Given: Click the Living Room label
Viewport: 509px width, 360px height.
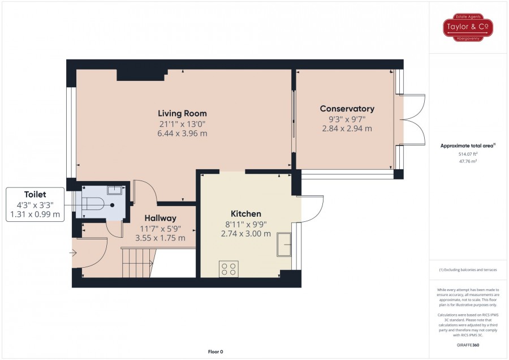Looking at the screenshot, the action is click(x=182, y=113).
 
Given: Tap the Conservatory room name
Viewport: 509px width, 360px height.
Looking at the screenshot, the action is click(x=347, y=109).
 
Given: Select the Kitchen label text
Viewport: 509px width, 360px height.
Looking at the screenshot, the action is click(x=246, y=214).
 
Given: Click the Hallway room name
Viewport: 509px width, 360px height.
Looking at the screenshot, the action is click(x=161, y=218).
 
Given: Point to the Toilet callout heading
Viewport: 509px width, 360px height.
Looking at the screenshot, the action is click(x=35, y=195).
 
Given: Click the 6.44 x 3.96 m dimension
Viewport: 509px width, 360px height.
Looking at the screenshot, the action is click(x=182, y=134).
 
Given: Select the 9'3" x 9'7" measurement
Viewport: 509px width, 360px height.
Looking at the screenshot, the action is click(x=347, y=119).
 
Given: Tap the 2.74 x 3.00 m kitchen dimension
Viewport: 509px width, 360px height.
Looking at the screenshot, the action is click(x=246, y=234).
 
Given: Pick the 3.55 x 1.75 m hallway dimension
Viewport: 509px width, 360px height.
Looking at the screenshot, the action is click(x=161, y=238).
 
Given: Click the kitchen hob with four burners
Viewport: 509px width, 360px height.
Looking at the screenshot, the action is click(x=228, y=269).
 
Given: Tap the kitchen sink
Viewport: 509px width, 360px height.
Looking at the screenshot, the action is click(x=284, y=245).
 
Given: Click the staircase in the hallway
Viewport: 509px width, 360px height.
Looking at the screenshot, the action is click(x=137, y=263).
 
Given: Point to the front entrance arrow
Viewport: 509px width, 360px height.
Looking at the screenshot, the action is click(x=73, y=252).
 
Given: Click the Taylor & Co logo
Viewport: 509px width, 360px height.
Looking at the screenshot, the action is click(x=468, y=27).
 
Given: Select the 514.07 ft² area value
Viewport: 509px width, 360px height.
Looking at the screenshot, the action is click(x=468, y=154).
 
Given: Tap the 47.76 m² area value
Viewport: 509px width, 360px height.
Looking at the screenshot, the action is click(x=468, y=161).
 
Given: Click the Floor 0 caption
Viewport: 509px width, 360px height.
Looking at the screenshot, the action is click(x=215, y=352).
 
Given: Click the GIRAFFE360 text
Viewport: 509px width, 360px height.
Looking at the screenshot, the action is click(x=468, y=345).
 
